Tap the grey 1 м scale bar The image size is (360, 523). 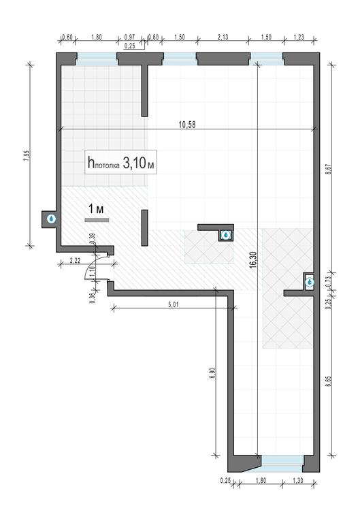pos(97,220)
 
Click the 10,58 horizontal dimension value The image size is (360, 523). pos(187,125)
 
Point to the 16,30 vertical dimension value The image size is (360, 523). pos(252,259)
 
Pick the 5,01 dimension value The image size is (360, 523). pos(174,304)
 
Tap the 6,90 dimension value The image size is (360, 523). pos(213,373)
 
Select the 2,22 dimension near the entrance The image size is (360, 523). pos(75,261)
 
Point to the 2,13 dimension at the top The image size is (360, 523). pos(223,37)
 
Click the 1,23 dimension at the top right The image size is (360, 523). pos(299,37)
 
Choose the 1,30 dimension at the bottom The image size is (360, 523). pos(298,481)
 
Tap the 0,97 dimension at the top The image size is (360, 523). pos(130,37)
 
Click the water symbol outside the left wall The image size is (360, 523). pos(51,219)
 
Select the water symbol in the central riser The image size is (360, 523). pos(227,235)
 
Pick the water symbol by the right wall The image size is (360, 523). pos(310,283)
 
